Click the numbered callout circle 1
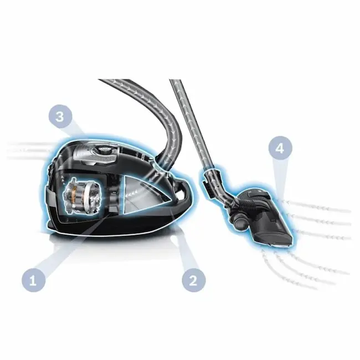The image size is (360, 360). pyautogui.click(x=34, y=280)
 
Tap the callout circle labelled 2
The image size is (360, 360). pyautogui.click(x=193, y=280)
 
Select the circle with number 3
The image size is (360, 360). pyautogui.click(x=60, y=116)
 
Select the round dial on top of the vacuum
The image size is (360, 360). pyautogui.click(x=104, y=150)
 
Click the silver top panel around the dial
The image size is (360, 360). pyautogui.click(x=96, y=154)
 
